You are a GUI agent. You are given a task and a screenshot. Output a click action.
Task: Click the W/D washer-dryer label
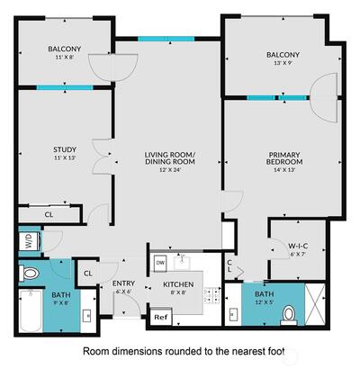29,241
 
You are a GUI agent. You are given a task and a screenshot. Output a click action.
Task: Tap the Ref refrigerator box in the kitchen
160,317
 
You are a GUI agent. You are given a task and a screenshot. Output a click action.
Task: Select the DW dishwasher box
159,264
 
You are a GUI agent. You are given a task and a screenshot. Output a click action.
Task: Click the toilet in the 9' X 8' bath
29,274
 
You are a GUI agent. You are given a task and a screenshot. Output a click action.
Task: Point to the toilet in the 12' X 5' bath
289,315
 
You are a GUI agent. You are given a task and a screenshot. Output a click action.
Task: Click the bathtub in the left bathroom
31,310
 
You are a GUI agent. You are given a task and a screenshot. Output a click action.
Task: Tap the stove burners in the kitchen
212,295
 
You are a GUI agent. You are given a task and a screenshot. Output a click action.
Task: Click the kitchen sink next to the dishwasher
183,261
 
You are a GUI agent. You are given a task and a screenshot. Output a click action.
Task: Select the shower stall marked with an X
315,304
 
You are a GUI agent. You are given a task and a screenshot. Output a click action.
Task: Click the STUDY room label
65,149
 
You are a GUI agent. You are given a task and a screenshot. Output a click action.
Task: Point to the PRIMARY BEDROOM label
284,158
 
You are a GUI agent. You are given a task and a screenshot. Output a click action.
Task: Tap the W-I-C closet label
298,246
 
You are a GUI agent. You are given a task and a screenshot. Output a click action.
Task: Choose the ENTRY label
123,283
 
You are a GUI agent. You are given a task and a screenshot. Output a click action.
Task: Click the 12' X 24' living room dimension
170,170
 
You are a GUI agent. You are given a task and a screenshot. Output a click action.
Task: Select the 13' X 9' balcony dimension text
283,63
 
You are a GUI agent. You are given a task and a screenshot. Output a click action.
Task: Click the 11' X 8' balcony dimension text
65,57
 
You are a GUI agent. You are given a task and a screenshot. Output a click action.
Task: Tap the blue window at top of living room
166,39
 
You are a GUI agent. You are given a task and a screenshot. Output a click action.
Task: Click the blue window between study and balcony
65,87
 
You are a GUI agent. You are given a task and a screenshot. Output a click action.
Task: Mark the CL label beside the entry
88,274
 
